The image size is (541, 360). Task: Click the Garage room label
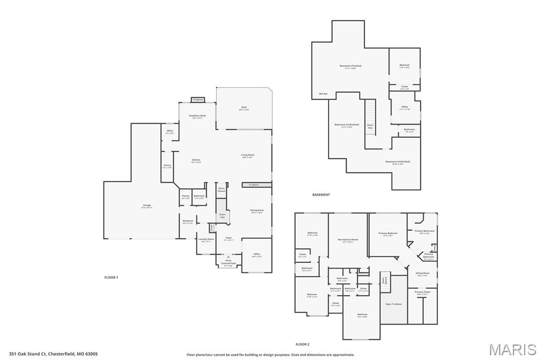coord(146,206)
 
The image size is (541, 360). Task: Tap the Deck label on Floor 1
coord(244,108)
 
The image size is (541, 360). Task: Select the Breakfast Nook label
coord(197,117)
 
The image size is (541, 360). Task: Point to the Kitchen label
coord(196,161)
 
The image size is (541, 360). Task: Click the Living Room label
coord(248,156)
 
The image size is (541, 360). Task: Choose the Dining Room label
coord(257,211)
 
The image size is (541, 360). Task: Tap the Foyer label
coord(229,239)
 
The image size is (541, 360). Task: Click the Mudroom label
coord(188,222)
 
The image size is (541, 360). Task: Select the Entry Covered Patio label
coord(228,262)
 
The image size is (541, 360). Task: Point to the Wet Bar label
coord(323,94)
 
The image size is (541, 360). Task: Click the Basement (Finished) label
coord(350,67)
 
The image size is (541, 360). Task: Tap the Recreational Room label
coord(348,240)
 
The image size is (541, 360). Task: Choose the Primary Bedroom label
coord(388,234)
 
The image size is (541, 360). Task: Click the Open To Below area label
coord(394,304)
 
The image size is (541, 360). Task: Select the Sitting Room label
coord(423,274)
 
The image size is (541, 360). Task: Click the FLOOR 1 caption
coord(111,277)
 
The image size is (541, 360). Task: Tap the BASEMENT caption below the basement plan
coord(321,195)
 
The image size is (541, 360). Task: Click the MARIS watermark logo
coord(512,349)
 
